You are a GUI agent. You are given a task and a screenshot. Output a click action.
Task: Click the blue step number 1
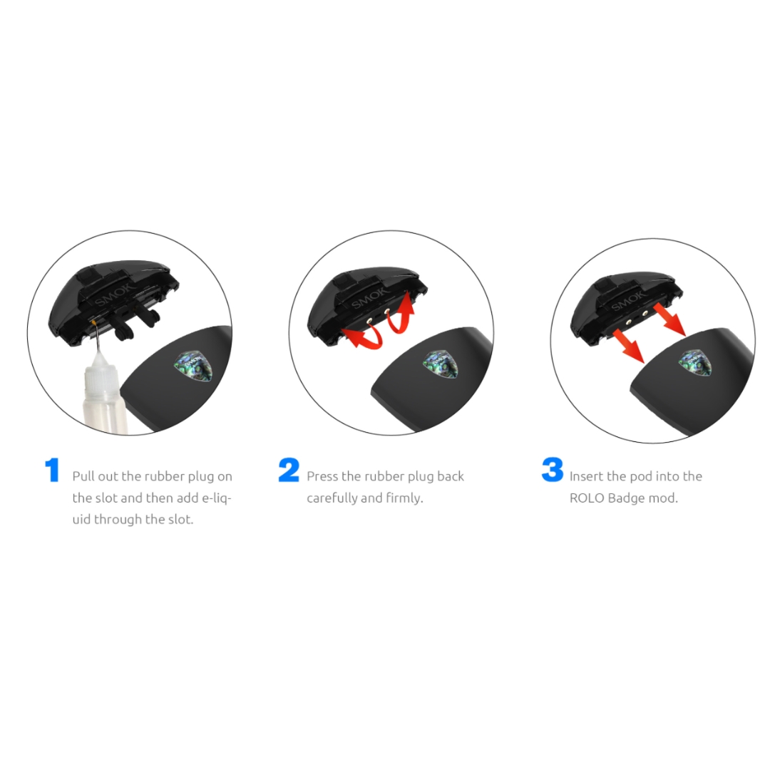coord(52,470)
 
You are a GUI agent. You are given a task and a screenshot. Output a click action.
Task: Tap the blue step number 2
coord(289,470)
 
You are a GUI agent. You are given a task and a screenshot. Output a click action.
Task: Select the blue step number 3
coord(553,470)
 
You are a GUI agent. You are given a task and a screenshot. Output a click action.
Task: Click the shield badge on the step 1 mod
coord(193,366)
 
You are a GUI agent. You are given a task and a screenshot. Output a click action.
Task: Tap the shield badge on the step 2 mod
coord(441,364)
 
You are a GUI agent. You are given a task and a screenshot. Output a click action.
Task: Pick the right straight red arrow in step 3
coord(669,322)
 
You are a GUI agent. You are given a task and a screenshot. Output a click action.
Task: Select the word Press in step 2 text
coord(322,476)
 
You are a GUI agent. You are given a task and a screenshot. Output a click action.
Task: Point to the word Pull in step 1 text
coord(83,476)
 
